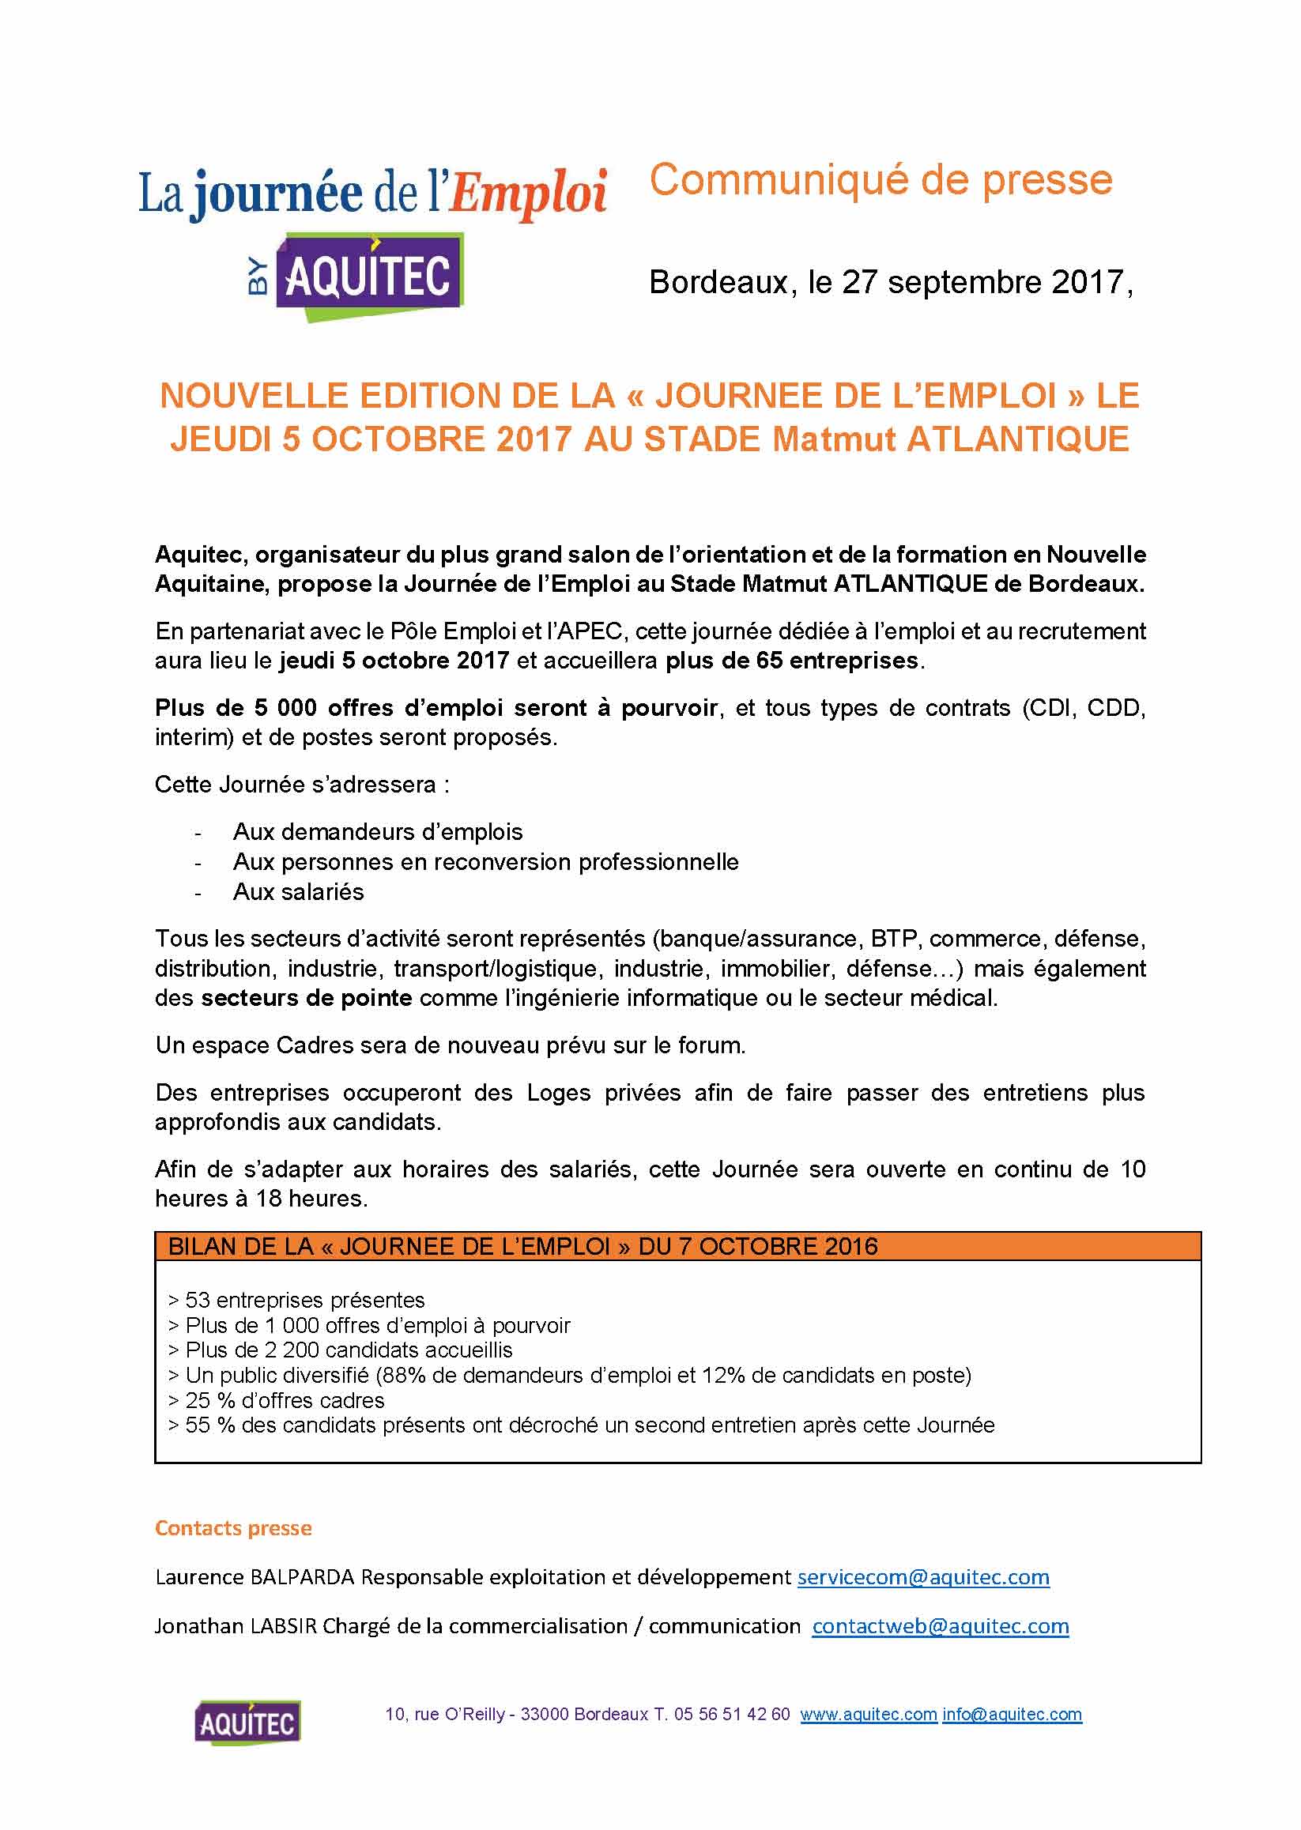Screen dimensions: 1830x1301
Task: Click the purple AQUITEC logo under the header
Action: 369,277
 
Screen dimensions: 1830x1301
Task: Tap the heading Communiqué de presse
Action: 881,180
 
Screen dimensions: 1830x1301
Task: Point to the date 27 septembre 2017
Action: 985,283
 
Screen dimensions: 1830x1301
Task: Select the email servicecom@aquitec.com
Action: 923,1577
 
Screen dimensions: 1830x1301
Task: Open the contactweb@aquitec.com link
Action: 941,1626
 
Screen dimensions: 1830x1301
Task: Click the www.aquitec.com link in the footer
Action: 869,1715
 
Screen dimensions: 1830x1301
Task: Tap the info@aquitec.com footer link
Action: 1012,1715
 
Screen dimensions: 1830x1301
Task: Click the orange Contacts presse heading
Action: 233,1528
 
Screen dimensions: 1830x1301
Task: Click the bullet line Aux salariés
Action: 298,892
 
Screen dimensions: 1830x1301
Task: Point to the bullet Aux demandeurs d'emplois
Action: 377,832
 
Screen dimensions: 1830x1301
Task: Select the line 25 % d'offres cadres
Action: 285,1400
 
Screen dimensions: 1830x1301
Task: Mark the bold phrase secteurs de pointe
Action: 306,998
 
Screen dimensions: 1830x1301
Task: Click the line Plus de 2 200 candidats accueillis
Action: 349,1350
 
